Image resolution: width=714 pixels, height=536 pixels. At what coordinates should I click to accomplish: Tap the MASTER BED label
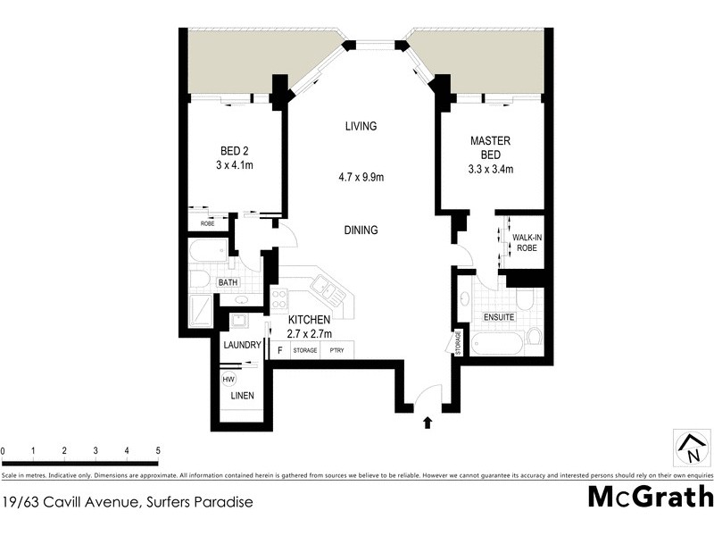coord(489,147)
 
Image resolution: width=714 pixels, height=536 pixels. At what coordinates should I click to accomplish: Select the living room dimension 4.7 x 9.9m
coord(361,178)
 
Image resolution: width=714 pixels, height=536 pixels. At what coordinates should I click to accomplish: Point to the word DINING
coord(361,230)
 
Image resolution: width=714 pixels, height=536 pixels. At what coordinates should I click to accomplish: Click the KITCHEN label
coord(310,320)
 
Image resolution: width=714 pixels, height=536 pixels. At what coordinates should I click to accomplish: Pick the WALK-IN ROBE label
coord(526,242)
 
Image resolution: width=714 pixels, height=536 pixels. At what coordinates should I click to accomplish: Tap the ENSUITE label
coord(498,317)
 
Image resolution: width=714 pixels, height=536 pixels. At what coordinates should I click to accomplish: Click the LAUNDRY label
coord(241,346)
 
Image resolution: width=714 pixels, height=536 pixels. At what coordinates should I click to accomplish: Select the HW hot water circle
coord(230,379)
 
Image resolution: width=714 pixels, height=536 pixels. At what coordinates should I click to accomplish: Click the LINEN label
coord(243,396)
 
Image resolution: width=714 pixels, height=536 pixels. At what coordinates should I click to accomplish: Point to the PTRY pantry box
coord(337,350)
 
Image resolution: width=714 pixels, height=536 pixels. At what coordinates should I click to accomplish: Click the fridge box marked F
coord(280,350)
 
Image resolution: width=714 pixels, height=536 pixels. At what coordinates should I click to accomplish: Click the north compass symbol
coord(688,446)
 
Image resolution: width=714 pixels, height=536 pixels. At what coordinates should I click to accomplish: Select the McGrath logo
coord(650,497)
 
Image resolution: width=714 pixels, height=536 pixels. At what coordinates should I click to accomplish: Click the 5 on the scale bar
coord(158,450)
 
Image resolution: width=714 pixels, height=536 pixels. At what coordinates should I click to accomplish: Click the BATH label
coord(228,283)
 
